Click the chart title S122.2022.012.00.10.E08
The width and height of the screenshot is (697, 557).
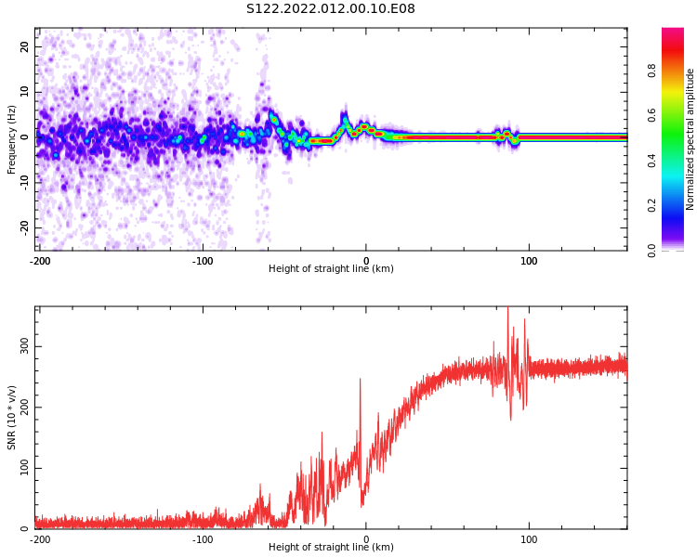point(330,9)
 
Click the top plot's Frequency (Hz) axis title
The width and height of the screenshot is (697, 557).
point(12,139)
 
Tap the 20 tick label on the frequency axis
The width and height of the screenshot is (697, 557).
point(24,47)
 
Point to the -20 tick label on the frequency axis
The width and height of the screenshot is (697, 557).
point(22,227)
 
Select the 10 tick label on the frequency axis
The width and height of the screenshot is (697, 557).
point(24,92)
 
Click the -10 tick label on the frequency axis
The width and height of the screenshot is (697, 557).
point(22,183)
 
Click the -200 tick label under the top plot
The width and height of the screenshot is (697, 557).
point(40,261)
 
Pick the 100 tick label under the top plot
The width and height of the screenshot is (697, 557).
point(529,261)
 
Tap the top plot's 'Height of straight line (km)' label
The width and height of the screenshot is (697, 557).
point(331,269)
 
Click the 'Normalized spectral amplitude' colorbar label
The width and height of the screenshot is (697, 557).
point(690,139)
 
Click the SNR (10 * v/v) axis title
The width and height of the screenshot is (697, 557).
point(12,418)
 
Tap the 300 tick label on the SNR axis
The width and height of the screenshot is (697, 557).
point(22,346)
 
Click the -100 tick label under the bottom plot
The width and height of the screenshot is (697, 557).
point(203,539)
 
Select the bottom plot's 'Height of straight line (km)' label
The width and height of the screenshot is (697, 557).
point(331,548)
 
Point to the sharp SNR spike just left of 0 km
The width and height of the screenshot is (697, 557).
point(360,380)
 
